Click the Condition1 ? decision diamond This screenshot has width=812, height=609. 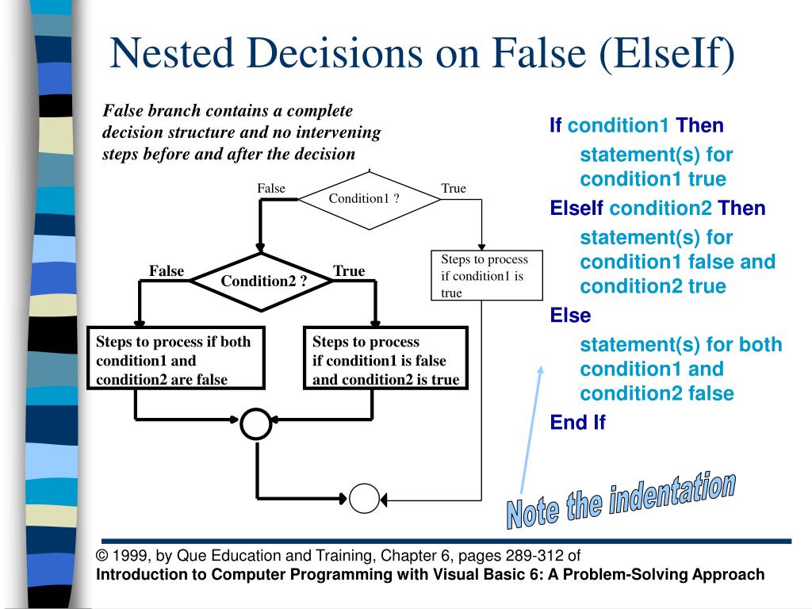[x=369, y=198]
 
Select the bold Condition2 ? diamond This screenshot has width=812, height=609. [x=263, y=282]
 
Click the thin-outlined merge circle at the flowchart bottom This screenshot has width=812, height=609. [x=365, y=499]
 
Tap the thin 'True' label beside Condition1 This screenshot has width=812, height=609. [x=454, y=189]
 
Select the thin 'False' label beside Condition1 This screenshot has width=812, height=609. [x=270, y=189]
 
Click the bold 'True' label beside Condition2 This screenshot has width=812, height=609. [x=349, y=271]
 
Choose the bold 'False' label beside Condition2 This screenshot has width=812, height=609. [x=167, y=271]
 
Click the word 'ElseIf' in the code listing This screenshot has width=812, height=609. [x=576, y=209]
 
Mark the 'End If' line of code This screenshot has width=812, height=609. [x=577, y=422]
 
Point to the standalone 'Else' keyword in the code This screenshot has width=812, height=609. [x=570, y=316]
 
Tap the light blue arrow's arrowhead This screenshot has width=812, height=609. [x=542, y=370]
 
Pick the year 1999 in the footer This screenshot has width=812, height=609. [x=128, y=556]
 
